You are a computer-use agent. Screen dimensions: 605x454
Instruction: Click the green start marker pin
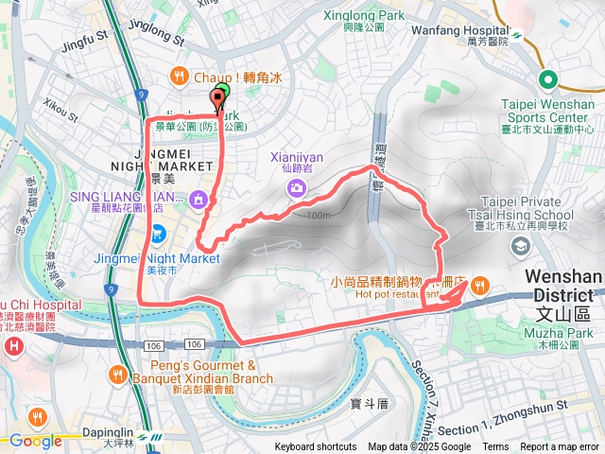click(221, 96)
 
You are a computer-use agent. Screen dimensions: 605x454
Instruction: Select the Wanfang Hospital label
click(460, 29)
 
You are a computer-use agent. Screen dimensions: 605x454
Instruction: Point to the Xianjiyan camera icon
click(298, 188)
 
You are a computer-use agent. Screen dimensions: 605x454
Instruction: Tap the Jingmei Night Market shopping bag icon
click(159, 232)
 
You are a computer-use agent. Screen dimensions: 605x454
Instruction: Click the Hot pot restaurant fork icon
click(480, 286)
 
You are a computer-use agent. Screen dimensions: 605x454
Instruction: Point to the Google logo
click(36, 441)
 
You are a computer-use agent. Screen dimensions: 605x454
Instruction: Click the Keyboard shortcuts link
click(316, 447)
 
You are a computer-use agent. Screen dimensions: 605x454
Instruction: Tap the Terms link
click(495, 447)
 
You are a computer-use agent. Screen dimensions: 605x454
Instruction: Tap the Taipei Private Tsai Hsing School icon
click(519, 246)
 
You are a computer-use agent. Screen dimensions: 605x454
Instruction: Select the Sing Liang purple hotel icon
click(198, 199)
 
